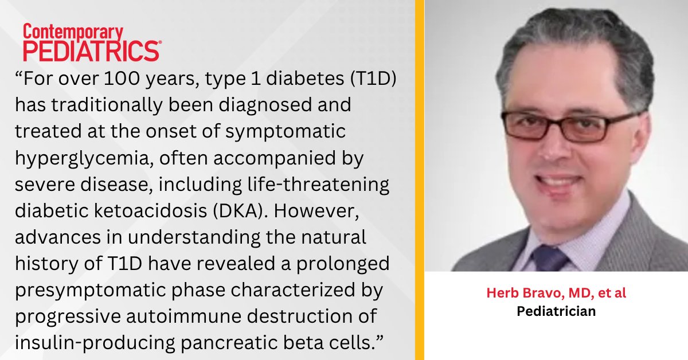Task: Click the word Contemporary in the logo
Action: (73, 32)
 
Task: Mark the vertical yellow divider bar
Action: (419, 180)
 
